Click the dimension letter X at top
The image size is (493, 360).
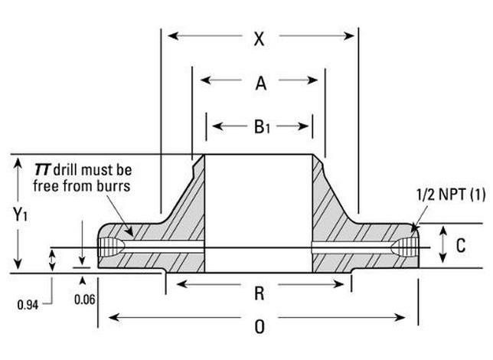pos(260,38)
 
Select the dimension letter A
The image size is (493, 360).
pos(260,83)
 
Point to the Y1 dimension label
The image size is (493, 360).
pos(21,215)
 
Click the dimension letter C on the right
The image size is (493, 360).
pos(461,245)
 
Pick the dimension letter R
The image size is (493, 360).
pos(260,290)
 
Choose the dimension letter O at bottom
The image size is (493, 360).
pos(260,326)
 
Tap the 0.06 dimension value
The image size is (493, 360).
pos(85,299)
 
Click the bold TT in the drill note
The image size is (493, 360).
pos(43,168)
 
